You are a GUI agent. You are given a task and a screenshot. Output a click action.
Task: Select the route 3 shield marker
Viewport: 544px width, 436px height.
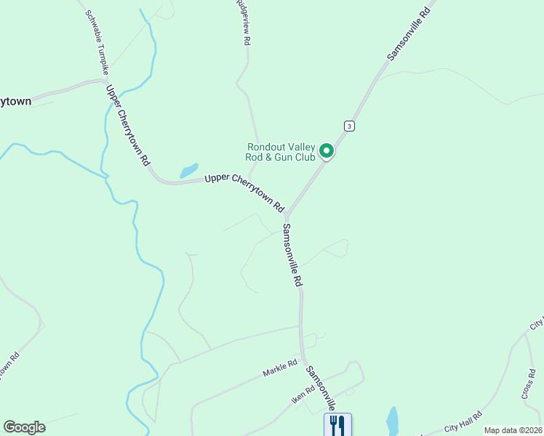click(x=350, y=126)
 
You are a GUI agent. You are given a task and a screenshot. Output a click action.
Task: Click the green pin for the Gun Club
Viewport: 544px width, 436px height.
click(x=327, y=151)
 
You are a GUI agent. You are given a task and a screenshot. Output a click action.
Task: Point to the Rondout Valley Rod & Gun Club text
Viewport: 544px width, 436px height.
click(x=281, y=151)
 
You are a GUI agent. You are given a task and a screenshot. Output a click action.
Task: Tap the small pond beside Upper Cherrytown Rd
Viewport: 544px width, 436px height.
click(x=189, y=171)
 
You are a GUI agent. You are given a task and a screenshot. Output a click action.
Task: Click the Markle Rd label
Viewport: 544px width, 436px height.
click(x=281, y=367)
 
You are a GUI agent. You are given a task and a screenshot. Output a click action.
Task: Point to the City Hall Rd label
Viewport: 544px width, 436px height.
click(x=464, y=419)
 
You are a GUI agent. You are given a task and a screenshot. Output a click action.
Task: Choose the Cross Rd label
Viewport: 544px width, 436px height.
click(x=528, y=384)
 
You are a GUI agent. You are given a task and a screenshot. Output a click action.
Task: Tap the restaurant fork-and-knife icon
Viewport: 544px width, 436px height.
click(x=337, y=424)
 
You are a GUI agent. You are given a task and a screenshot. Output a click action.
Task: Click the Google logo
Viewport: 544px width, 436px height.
click(x=24, y=427)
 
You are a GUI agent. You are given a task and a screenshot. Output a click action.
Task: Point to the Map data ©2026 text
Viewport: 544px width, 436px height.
click(x=512, y=430)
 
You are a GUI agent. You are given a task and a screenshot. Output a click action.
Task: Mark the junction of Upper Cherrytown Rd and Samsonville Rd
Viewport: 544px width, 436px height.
click(x=288, y=216)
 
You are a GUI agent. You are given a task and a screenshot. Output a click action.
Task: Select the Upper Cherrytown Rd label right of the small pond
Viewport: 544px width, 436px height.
click(x=244, y=192)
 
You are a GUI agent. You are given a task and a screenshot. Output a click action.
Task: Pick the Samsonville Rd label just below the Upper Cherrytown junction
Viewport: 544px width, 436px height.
click(x=292, y=255)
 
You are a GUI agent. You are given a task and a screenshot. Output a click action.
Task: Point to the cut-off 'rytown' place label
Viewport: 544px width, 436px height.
click(x=15, y=101)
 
